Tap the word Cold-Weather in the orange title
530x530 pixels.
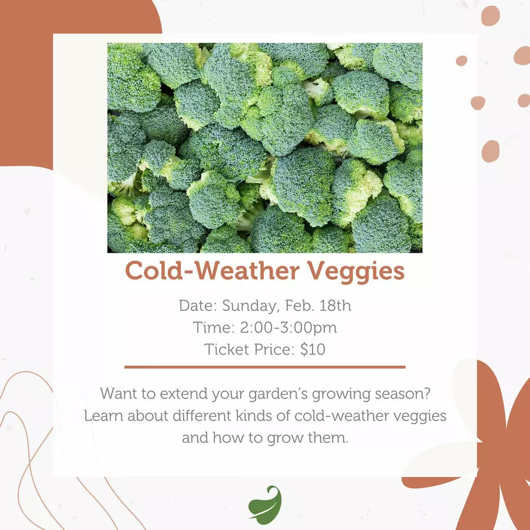pyautogui.click(x=212, y=270)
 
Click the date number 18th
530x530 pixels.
pyautogui.click(x=335, y=305)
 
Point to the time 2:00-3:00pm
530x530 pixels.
pyautogui.click(x=289, y=328)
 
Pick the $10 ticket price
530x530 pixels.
pyautogui.click(x=313, y=349)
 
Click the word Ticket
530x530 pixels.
pyautogui.click(x=227, y=349)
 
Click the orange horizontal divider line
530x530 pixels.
pyautogui.click(x=265, y=367)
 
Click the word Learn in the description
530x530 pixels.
pyautogui.click(x=104, y=415)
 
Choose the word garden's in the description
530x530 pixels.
pyautogui.click(x=278, y=395)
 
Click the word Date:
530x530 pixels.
pyautogui.click(x=198, y=306)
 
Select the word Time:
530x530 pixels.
pyautogui.click(x=214, y=327)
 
